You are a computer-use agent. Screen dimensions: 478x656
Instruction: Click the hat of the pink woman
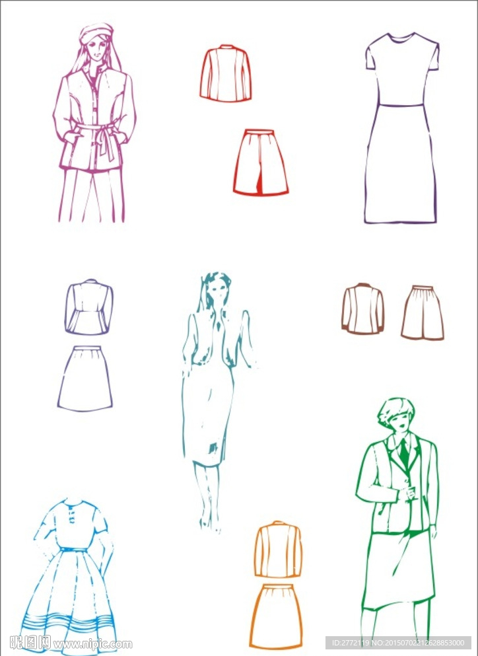pos(96,32)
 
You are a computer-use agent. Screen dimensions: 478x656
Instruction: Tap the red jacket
pos(225,73)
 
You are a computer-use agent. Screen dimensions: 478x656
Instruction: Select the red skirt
pos(261,163)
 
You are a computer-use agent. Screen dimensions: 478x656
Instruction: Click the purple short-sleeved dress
pos(401,128)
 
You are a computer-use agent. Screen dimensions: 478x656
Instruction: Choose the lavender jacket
pos(89,307)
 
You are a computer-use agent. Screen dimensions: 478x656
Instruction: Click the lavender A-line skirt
pos(85,379)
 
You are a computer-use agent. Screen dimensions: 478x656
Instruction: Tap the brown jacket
pos(363,309)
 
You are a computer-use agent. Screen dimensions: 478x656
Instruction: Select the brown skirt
pos(423,312)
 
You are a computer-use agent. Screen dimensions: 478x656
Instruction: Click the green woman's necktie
pos(403,453)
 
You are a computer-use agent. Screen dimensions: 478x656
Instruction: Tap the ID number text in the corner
pos(398,643)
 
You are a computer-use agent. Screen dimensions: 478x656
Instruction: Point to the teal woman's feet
pos(210,525)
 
